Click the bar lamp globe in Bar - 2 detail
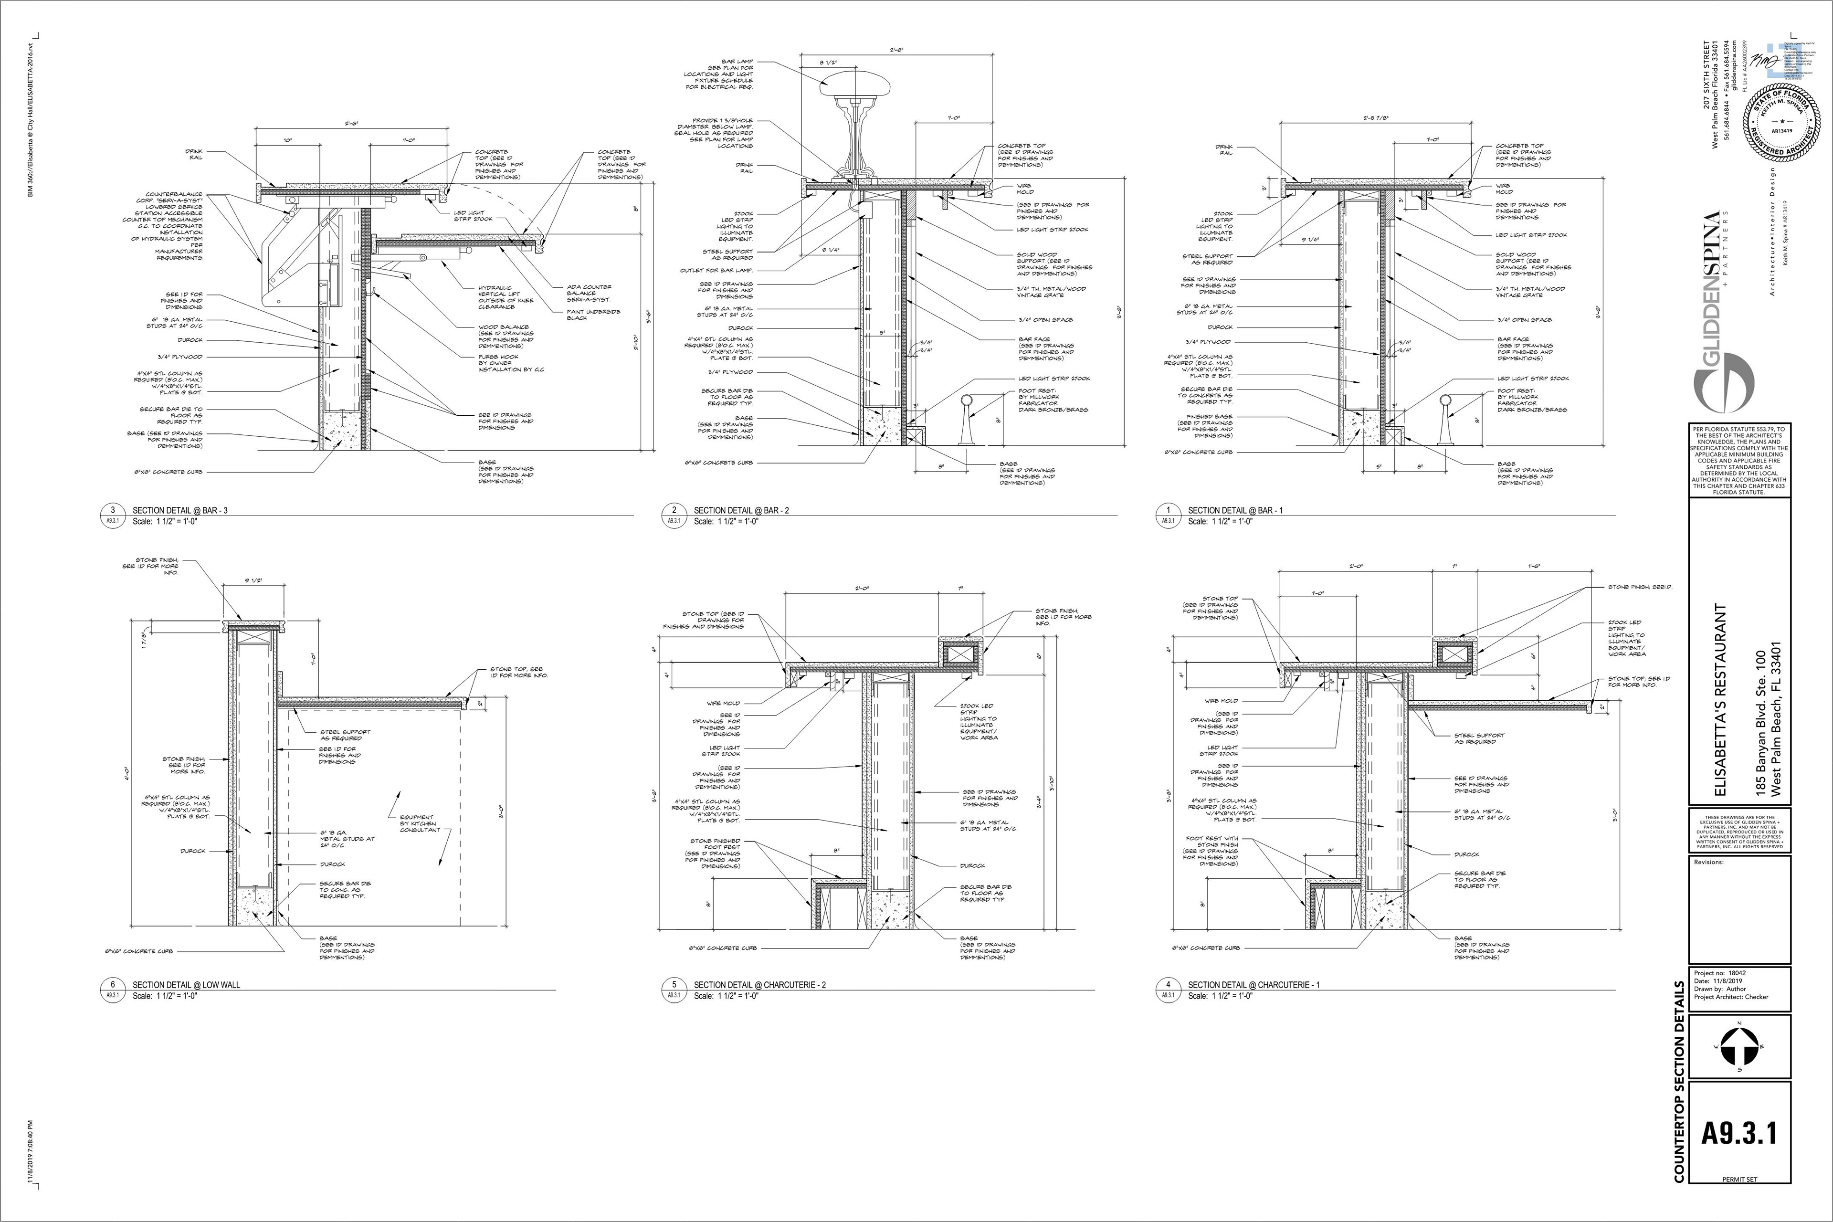(x=854, y=81)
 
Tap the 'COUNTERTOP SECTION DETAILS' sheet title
(x=1680, y=1092)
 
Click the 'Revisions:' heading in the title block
(x=1708, y=862)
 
